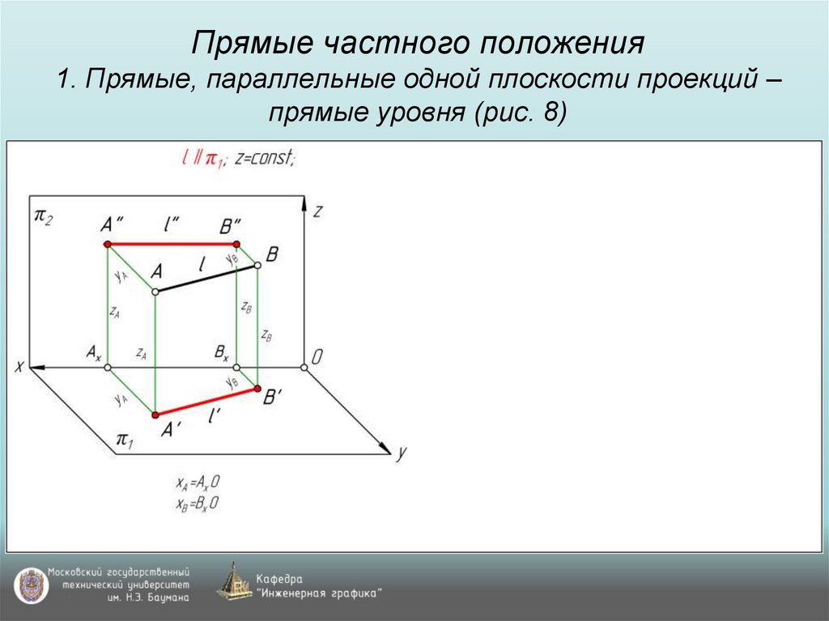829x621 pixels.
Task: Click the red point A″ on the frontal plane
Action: (108, 244)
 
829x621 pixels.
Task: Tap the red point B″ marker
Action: (236, 244)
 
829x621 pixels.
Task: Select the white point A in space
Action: (155, 291)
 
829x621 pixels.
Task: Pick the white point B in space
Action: (258, 265)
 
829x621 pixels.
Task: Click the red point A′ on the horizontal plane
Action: (155, 415)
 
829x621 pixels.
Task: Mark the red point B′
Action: (258, 389)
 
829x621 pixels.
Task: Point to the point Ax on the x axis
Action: (108, 368)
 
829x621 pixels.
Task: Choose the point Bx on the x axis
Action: (236, 368)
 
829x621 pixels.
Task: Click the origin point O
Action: (304, 368)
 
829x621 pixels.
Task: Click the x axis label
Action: (18, 367)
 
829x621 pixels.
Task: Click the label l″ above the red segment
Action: (171, 227)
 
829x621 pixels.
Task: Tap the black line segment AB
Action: (206, 278)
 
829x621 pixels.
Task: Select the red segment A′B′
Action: (206, 402)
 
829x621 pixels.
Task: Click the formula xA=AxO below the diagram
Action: (198, 483)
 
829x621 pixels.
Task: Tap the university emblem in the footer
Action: (29, 585)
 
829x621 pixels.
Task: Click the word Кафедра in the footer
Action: (279, 579)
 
